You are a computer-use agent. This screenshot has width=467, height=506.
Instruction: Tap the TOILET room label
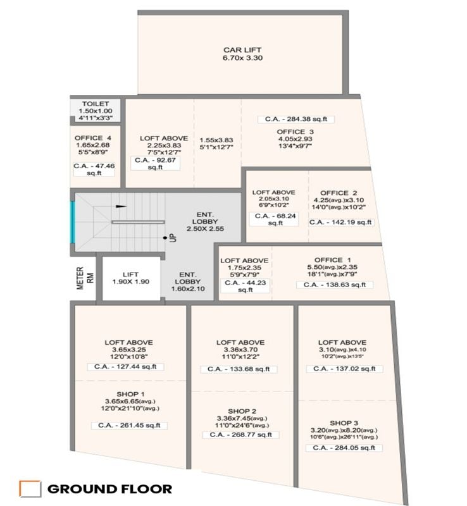point(95,104)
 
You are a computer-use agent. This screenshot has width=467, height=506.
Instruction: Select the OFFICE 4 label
point(93,138)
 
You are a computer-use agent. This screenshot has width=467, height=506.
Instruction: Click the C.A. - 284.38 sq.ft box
point(296,119)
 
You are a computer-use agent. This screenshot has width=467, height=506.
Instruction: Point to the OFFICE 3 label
point(296,132)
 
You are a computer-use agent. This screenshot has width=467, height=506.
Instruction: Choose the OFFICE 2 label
point(339,193)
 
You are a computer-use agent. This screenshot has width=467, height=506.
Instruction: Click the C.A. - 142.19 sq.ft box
point(341,222)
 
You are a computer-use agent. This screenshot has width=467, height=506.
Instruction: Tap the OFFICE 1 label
point(332,260)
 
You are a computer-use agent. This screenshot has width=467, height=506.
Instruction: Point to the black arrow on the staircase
point(121,206)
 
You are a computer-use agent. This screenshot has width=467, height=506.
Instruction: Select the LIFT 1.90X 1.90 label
point(130,278)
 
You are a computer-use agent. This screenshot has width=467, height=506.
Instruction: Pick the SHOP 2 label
point(241,410)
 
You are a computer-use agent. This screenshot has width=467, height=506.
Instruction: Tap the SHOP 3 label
point(344,423)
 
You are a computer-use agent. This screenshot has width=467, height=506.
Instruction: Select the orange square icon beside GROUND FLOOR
point(30,488)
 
